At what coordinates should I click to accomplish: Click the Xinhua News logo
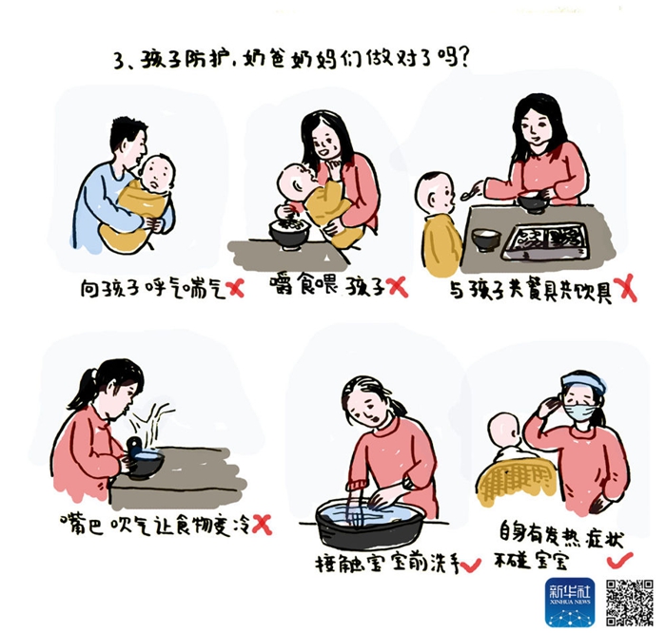570,602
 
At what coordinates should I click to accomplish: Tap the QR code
630,602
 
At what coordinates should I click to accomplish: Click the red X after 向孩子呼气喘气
237,289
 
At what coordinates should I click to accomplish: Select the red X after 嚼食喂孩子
398,286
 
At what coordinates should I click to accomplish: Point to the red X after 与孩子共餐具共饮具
627,288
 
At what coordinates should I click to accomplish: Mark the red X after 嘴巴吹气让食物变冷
262,524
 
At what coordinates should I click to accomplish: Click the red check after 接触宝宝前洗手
471,565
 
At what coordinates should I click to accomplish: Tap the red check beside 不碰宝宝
619,560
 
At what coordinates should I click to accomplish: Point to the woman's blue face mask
580,411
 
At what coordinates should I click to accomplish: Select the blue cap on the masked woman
583,381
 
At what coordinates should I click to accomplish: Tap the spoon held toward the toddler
472,191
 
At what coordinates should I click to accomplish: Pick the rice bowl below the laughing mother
289,234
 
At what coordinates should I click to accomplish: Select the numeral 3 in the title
119,62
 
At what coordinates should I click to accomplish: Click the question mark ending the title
463,57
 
